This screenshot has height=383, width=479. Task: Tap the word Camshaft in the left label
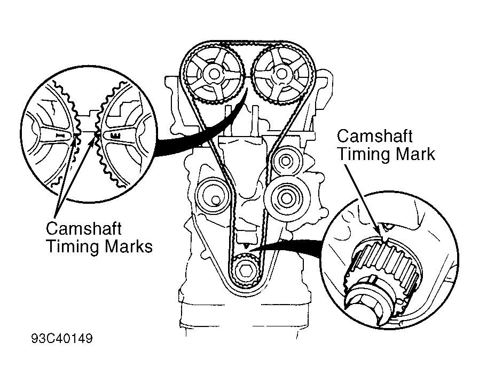point(84,229)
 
